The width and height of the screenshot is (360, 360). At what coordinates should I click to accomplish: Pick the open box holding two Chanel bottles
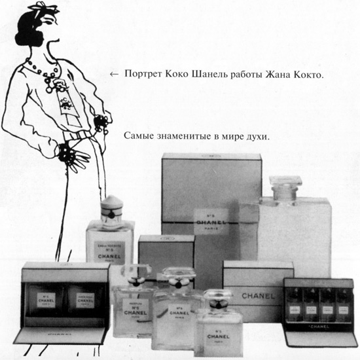pyautogui.click(x=55, y=300)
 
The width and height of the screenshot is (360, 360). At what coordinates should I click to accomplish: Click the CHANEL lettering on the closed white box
pyautogui.click(x=258, y=295)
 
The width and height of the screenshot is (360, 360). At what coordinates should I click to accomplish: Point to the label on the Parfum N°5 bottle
pyautogui.click(x=136, y=307)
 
